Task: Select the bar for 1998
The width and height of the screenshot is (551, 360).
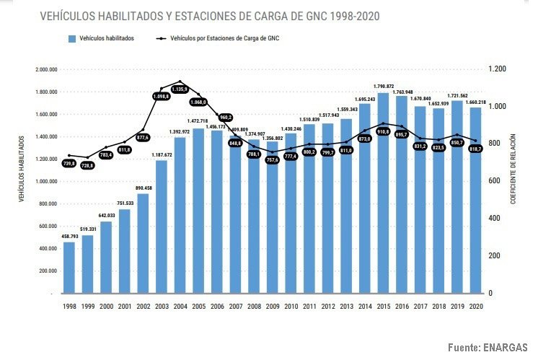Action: pyautogui.click(x=69, y=268)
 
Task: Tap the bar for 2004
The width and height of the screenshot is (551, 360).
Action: pyautogui.click(x=180, y=216)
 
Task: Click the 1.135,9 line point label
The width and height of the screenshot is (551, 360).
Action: pyautogui.click(x=180, y=89)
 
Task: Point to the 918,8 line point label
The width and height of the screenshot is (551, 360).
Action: pyautogui.click(x=384, y=132)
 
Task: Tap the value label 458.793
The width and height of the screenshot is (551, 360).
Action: pyautogui.click(x=69, y=236)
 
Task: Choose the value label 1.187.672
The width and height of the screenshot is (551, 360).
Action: pyautogui.click(x=162, y=154)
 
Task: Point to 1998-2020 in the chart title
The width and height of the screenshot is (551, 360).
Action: pyautogui.click(x=351, y=15)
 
